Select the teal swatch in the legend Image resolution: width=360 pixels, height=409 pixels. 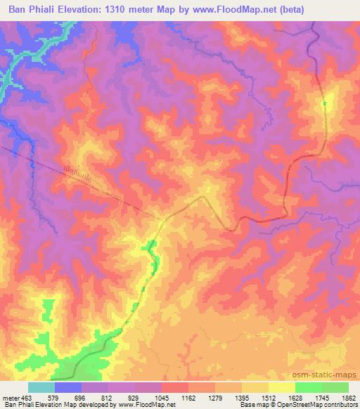click(x=41, y=387)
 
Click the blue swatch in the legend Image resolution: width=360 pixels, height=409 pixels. click(x=68, y=387)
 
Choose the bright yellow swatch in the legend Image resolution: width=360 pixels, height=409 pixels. click(x=282, y=387)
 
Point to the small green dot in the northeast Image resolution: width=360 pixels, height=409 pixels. click(x=324, y=104)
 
